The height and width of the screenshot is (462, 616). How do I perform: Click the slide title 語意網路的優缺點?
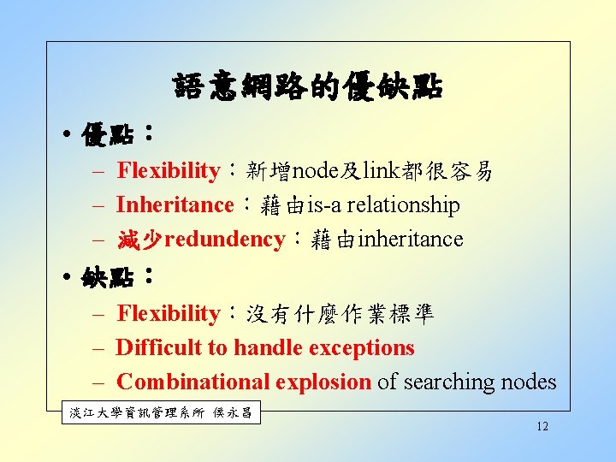pos(307,86)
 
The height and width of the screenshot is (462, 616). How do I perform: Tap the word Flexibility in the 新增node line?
pos(168,171)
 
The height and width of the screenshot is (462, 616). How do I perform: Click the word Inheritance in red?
pos(174,205)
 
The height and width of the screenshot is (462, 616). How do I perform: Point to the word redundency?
pos(224,240)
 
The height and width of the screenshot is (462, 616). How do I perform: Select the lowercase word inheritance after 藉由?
pos(411,240)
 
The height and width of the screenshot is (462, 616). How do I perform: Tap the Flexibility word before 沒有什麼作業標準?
pos(168,314)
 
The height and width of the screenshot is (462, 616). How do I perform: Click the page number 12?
pos(542,427)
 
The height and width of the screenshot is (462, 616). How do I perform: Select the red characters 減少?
pos(139,240)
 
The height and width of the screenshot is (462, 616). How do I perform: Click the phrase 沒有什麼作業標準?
pos(341,314)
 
